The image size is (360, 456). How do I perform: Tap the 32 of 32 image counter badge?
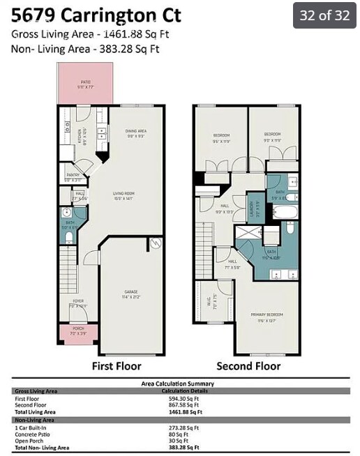coord(324,15)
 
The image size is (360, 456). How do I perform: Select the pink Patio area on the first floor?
coord(86,83)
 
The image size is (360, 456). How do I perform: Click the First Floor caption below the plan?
coord(117,366)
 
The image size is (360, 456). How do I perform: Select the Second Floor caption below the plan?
coord(248,366)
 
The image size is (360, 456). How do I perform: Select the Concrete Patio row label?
coord(33,435)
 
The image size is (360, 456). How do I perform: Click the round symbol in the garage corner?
coord(156,243)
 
